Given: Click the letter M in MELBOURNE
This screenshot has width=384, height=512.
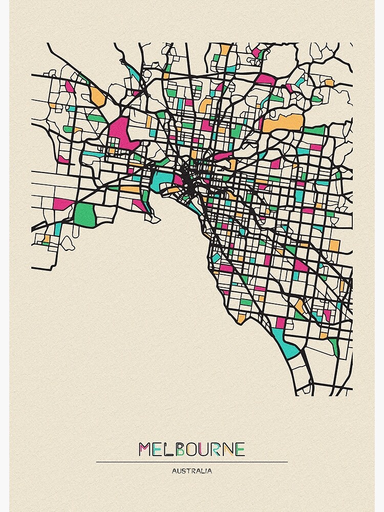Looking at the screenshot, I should click(x=145, y=450).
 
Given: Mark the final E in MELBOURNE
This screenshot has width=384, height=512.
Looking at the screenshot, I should click(x=241, y=450).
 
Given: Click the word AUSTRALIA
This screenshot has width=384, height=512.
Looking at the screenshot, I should click(x=192, y=471).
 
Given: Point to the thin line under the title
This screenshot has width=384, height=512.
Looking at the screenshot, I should click(x=192, y=462).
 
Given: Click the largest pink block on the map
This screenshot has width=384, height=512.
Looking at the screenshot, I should click(x=121, y=132).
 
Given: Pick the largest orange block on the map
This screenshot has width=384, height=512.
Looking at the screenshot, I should click(x=283, y=123).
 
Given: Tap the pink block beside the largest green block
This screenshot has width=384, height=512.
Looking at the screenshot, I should click(x=63, y=203).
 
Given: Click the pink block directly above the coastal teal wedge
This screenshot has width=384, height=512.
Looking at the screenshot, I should click(x=280, y=323).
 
